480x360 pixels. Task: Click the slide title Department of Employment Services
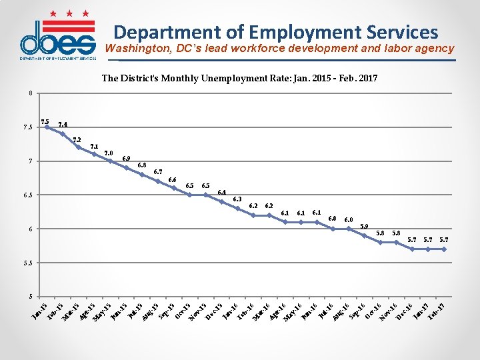click(275, 32)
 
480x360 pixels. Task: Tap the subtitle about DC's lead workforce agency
click(279, 49)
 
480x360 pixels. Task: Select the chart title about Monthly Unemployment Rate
click(239, 79)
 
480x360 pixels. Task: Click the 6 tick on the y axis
click(29, 229)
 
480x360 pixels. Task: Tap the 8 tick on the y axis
click(29, 93)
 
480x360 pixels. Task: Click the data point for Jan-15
click(46, 127)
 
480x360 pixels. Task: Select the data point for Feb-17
click(443, 249)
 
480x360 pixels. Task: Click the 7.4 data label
click(63, 124)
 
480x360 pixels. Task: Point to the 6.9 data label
click(127, 158)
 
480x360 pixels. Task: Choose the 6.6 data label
click(173, 179)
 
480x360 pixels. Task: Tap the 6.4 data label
click(222, 193)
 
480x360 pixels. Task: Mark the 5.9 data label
click(364, 227)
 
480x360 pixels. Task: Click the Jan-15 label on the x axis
click(39, 310)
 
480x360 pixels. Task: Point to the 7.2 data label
click(77, 140)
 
